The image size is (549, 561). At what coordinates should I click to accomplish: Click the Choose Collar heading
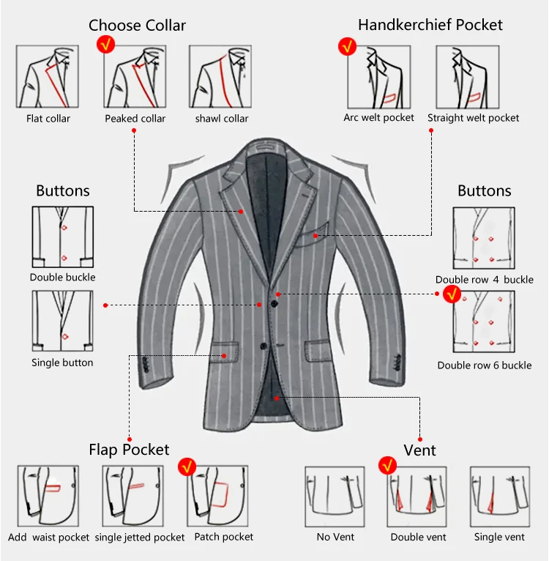pos(137,26)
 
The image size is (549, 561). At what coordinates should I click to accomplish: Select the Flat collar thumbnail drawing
pos(48,77)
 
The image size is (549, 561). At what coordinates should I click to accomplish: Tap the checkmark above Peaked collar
pos(107,45)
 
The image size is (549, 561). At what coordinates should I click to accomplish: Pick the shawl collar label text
pos(222,119)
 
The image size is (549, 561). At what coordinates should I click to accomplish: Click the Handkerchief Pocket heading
pos(430,25)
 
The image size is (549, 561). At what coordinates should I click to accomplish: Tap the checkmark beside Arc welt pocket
pos(346,47)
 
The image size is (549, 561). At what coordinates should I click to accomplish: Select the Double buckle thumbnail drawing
pos(62,237)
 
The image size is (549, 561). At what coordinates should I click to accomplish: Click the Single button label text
pos(62,363)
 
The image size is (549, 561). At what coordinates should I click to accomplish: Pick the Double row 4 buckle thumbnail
pos(484,238)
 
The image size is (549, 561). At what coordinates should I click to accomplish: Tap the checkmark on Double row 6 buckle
pos(452,294)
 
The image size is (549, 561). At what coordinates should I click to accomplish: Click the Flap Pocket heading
pos(129,450)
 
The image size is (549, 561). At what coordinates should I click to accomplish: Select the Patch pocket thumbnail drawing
pos(218,496)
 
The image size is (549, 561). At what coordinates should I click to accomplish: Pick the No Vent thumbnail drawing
pos(335,497)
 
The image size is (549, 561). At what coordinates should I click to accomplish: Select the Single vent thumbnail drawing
pos(499,497)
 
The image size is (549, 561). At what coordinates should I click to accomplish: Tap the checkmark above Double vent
pos(387,465)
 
